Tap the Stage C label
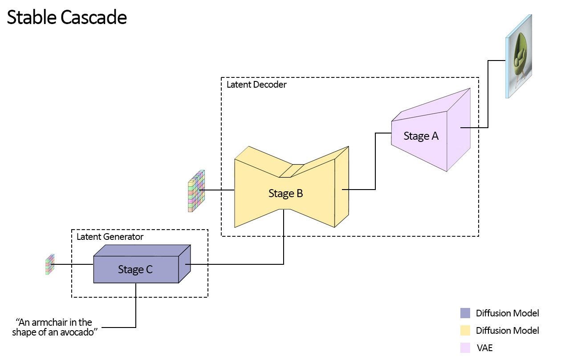(x=135, y=269)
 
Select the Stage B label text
(x=285, y=194)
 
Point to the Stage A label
(x=421, y=136)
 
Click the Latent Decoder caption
(x=256, y=85)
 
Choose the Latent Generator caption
(x=110, y=237)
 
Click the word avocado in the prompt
(x=81, y=332)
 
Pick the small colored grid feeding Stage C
(x=49, y=264)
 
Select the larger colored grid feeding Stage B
(x=196, y=190)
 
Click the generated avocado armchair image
(x=519, y=57)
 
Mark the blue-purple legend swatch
(x=465, y=313)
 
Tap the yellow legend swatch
(x=465, y=330)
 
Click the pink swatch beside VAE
(x=465, y=348)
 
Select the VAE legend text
(x=484, y=348)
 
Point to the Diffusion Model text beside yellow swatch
(x=507, y=330)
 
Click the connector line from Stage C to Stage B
(x=284, y=249)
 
